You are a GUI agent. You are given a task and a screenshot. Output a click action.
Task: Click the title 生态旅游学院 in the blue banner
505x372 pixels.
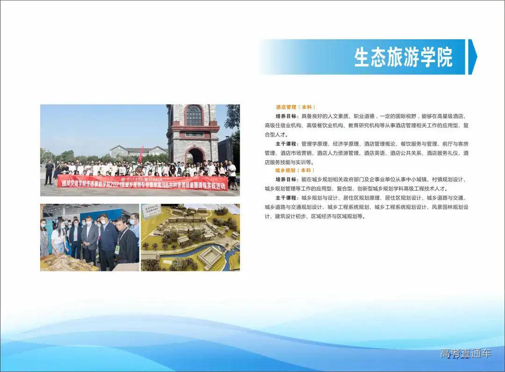point(403,57)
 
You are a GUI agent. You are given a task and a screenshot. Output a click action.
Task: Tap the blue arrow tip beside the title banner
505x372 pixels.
point(472,57)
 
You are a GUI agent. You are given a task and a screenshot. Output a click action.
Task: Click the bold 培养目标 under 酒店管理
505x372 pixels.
point(287,116)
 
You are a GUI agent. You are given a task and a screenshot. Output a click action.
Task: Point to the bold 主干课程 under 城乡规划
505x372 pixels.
point(287,198)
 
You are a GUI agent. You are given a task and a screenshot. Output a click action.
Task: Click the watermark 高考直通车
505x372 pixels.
point(465,354)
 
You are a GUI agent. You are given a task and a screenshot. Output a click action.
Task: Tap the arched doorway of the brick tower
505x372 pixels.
point(195,156)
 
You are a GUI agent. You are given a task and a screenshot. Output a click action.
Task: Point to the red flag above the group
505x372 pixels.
point(141,155)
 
